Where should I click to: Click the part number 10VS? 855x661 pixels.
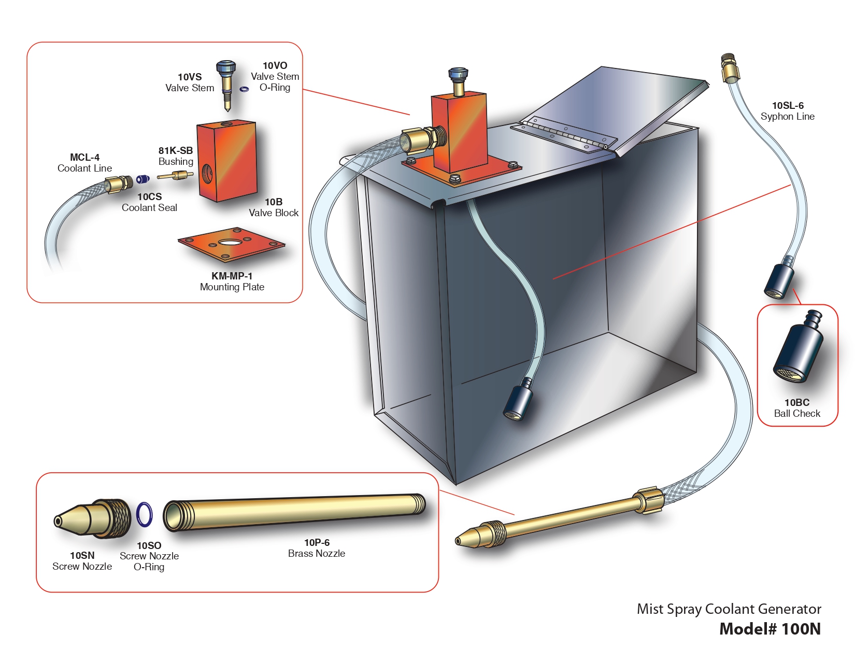[x=190, y=77]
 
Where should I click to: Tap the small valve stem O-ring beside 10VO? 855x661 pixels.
[x=244, y=89]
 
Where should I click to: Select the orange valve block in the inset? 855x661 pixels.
[x=227, y=161]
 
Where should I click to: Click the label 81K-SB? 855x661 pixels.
[x=176, y=151]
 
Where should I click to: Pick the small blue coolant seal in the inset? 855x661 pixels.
[x=142, y=179]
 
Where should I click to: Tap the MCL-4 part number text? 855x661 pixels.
[x=84, y=158]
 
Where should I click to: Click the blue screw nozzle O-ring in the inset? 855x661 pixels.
[x=145, y=514]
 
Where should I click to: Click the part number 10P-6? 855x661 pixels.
[x=317, y=543]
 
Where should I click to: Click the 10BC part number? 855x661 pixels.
[x=796, y=403]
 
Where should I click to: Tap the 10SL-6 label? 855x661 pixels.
[x=788, y=106]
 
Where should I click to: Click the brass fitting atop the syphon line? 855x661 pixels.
[x=729, y=67]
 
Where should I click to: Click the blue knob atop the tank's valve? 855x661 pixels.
[x=458, y=74]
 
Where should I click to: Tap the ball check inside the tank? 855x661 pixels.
[x=519, y=401]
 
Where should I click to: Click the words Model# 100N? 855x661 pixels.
[x=770, y=629]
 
